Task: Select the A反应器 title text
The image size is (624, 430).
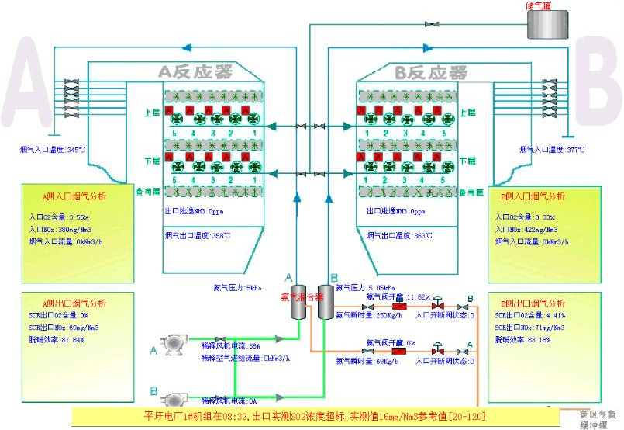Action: click(x=195, y=73)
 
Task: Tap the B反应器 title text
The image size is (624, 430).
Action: click(x=431, y=73)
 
